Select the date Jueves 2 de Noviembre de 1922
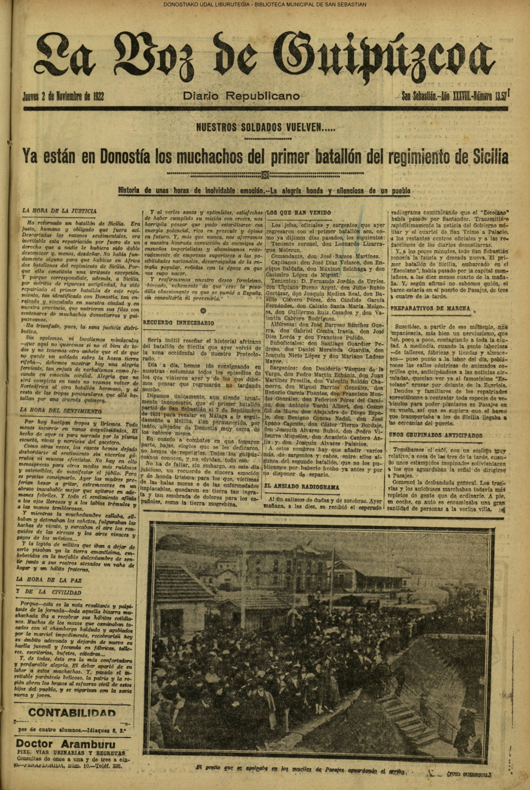pyautogui.click(x=63, y=97)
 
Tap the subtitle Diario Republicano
pyautogui.click(x=241, y=96)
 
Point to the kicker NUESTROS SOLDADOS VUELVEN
pyautogui.click(x=264, y=129)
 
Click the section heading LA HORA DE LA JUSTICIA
pyautogui.click(x=59, y=211)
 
